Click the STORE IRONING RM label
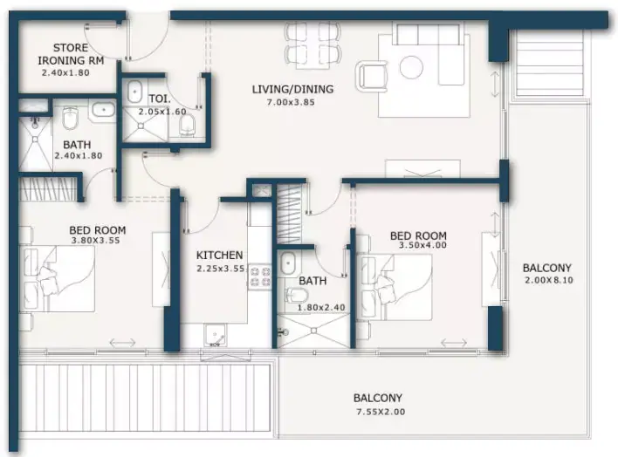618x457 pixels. pos(71,54)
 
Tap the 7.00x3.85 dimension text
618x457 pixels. pos(291,102)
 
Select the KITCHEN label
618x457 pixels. pos(220,256)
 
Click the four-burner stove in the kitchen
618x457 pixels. pos(260,276)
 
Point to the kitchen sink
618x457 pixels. pos(215,336)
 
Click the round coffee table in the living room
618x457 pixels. pos(411,66)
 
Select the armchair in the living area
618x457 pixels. pos(371,77)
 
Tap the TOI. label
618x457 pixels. pos(160,99)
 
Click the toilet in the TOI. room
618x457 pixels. pos(187,126)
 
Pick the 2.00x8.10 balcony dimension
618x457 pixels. pos(549,281)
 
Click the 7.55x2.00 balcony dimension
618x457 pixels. pos(381,413)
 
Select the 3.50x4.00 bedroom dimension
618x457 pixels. pos(422,245)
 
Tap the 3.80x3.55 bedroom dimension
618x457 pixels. pos(95,241)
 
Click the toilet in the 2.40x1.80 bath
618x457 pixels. pos(71,119)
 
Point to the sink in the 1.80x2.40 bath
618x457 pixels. pos(288,263)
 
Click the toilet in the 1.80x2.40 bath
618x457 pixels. pos(297,295)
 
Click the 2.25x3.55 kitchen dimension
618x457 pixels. pos(221,269)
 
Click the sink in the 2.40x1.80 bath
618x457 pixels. pos(104,109)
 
